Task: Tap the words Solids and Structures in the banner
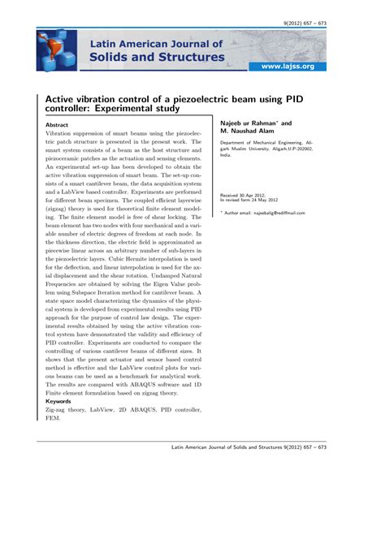157,57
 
